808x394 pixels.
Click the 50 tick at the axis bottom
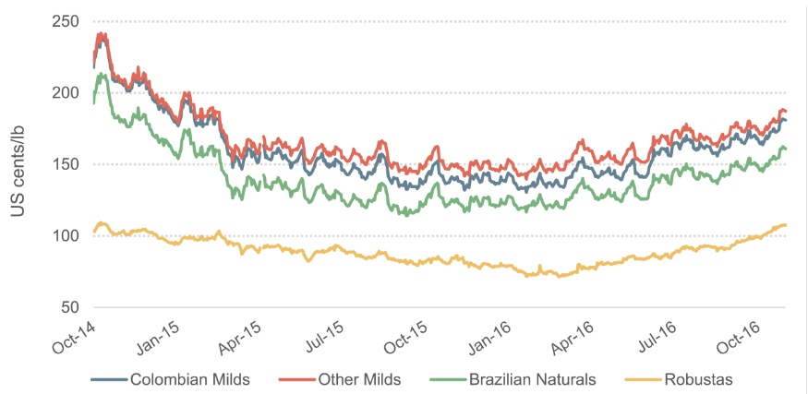click(72, 308)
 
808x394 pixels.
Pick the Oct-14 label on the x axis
click(73, 335)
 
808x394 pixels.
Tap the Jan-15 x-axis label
click(157, 335)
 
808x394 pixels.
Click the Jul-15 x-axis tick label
click(322, 335)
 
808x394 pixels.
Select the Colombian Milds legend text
click(190, 380)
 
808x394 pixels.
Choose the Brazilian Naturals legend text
click(532, 380)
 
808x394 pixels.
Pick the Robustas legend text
click(698, 380)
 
